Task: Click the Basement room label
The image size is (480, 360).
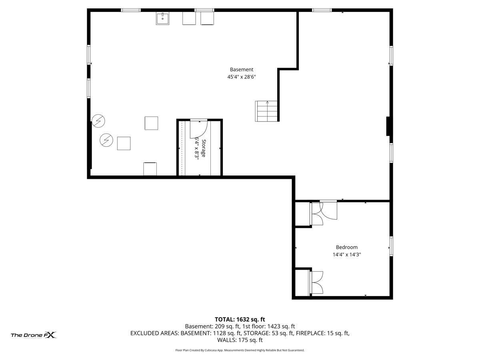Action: [241, 70]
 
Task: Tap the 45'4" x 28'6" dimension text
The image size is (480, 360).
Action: [241, 77]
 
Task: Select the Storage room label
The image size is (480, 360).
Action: [204, 148]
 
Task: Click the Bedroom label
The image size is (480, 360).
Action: [346, 247]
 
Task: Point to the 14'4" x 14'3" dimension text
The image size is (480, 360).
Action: [346, 254]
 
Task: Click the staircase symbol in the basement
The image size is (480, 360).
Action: [267, 111]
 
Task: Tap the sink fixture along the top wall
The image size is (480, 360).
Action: [162, 18]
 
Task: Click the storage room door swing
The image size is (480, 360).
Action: [197, 129]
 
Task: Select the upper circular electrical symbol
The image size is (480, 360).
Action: [98, 120]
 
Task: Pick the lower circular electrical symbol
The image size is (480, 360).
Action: [106, 140]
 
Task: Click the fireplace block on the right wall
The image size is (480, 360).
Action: [388, 126]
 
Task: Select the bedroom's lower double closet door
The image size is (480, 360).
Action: [316, 283]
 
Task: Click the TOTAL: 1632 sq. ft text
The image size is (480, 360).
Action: [240, 319]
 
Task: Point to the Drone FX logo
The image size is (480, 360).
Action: [33, 335]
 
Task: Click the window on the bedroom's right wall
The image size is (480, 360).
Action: [391, 246]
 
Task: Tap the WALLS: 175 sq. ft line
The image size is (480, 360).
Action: [240, 340]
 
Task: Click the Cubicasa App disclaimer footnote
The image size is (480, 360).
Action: [240, 350]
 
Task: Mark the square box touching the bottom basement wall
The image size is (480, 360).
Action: [150, 169]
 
